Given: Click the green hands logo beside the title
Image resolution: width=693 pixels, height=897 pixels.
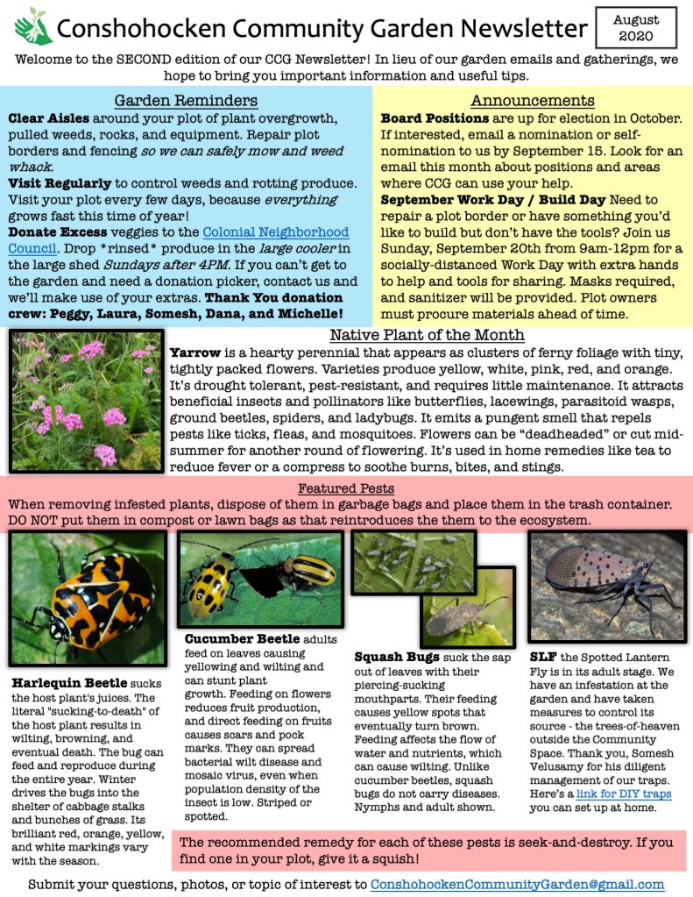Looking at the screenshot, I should tap(33, 26).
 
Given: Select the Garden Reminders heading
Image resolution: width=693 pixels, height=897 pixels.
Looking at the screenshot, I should tap(186, 100).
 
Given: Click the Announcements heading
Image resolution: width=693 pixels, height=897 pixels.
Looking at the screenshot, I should tap(533, 100).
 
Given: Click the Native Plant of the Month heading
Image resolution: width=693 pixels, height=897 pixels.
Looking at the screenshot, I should tap(427, 335).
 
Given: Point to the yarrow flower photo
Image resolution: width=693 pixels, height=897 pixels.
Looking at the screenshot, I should tap(86, 401).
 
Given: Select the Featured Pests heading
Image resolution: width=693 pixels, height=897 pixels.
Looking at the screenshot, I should tap(345, 488).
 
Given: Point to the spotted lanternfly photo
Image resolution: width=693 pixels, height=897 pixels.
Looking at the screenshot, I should tap(606, 586).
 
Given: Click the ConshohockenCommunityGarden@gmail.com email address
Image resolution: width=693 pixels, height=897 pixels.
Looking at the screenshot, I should tap(517, 884).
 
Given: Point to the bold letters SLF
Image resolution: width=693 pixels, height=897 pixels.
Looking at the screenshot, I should tap(542, 655).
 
